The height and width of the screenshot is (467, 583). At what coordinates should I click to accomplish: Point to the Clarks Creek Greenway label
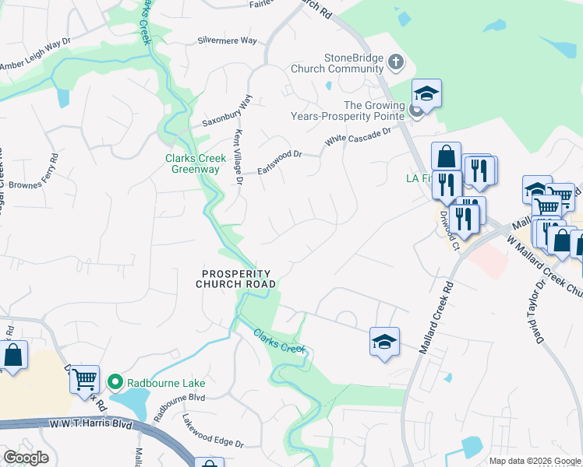[x=195, y=163]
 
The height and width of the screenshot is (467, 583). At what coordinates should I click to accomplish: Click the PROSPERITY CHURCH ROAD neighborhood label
[x=236, y=279]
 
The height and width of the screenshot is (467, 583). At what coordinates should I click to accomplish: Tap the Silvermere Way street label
[x=227, y=40]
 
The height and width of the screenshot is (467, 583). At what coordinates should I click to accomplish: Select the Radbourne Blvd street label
[x=178, y=405]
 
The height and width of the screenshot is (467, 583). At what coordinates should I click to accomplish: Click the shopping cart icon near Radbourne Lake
[x=84, y=379]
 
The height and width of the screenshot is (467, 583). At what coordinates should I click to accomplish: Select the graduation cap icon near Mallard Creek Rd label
[x=384, y=342]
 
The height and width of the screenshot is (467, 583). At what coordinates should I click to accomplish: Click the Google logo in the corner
[x=26, y=458]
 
